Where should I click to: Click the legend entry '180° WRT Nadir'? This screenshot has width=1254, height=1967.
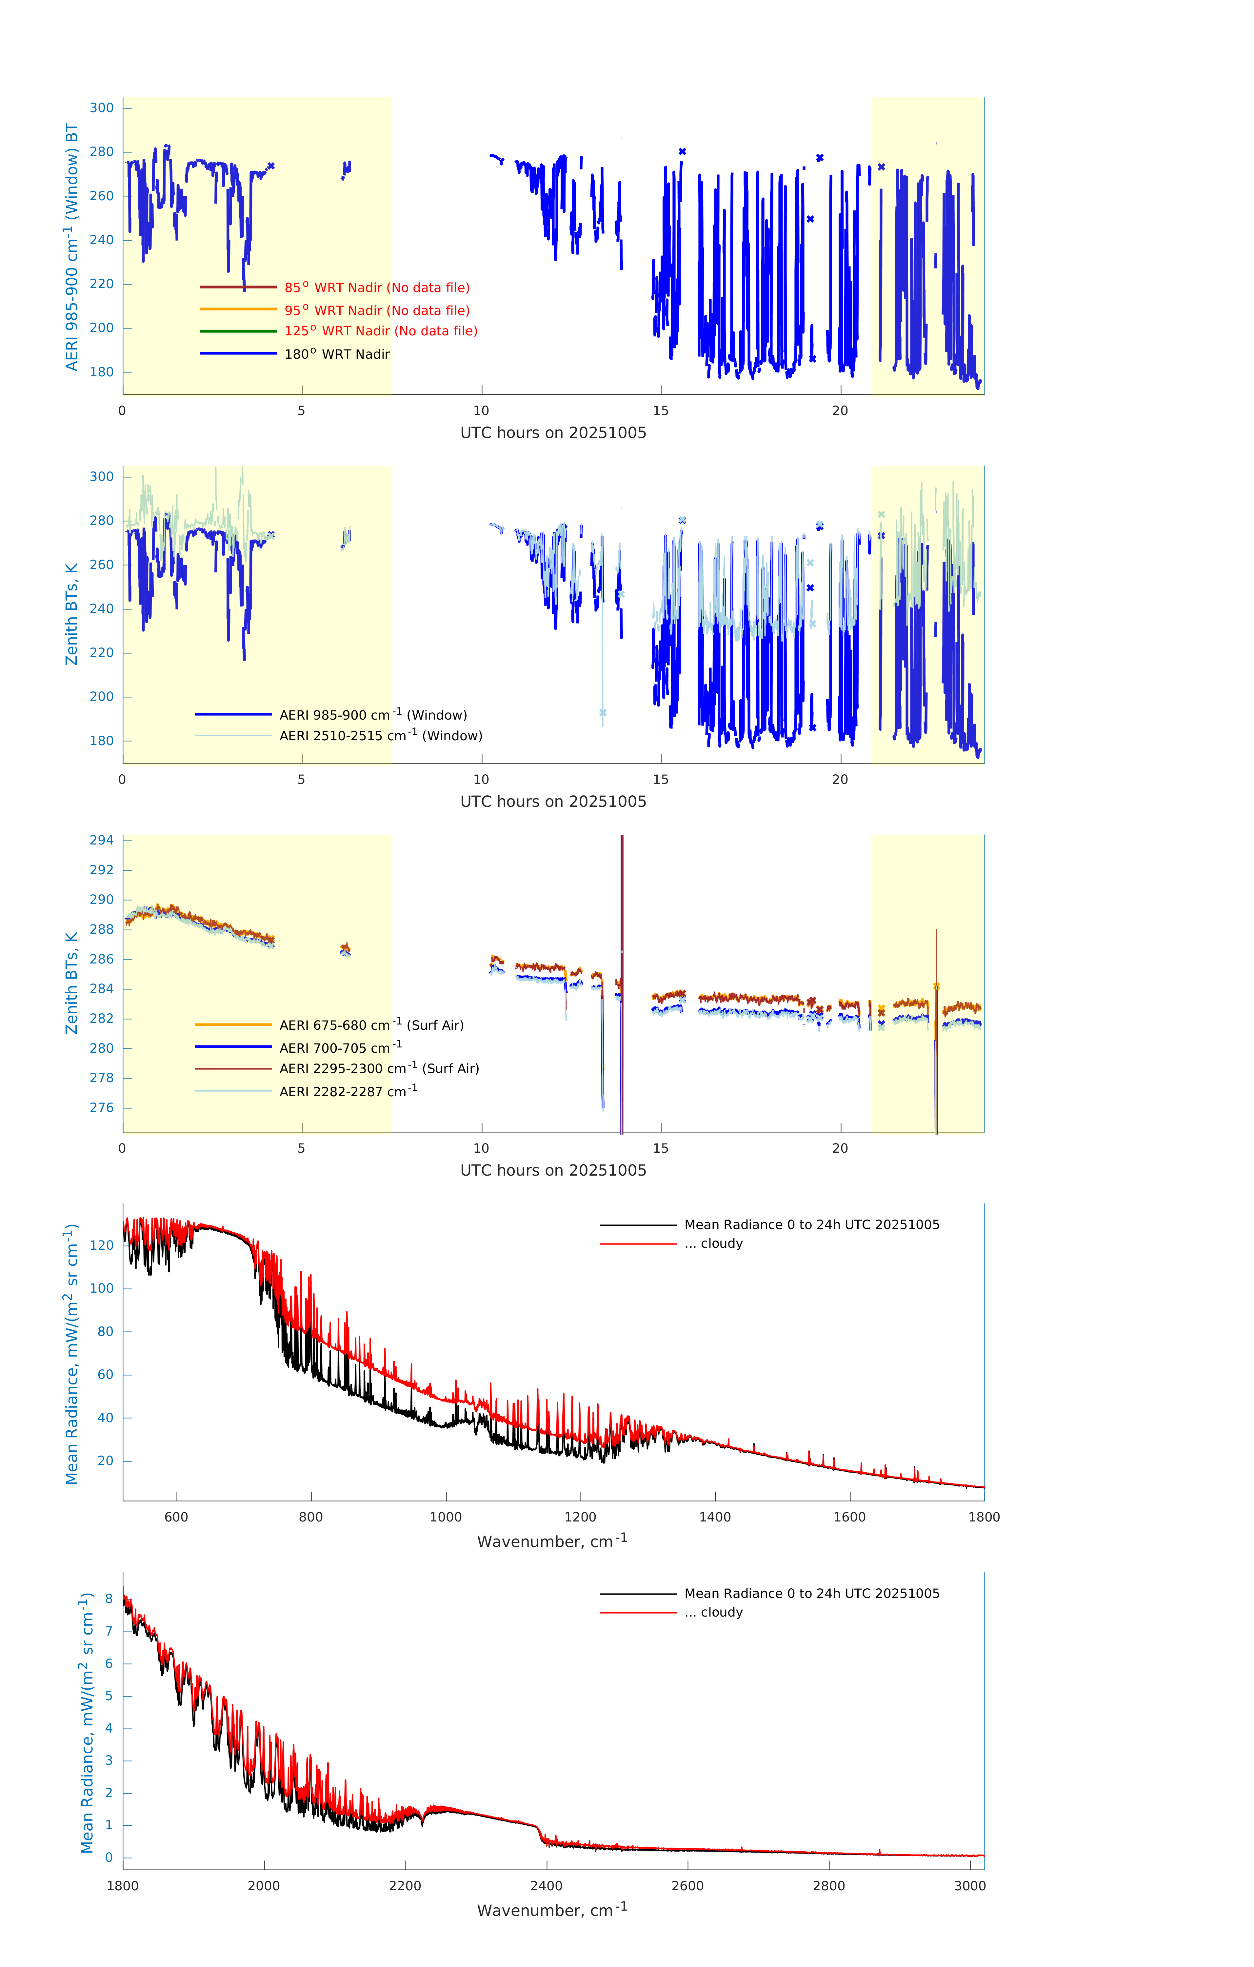coord(337,354)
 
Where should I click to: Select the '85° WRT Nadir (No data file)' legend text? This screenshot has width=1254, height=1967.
coord(377,288)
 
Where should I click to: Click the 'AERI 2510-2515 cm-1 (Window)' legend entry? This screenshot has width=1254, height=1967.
coord(381,736)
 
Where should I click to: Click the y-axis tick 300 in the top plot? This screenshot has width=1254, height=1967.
coord(102,108)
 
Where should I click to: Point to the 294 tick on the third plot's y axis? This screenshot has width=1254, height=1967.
coord(102,841)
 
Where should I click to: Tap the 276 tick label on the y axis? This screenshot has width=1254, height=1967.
coord(102,1108)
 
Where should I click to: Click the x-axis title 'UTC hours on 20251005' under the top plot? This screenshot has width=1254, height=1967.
coord(553,433)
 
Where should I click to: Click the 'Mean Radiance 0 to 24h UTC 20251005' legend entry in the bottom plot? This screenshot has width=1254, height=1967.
coord(811,1594)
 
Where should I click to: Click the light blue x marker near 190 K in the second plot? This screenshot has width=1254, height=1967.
coord(603,713)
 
